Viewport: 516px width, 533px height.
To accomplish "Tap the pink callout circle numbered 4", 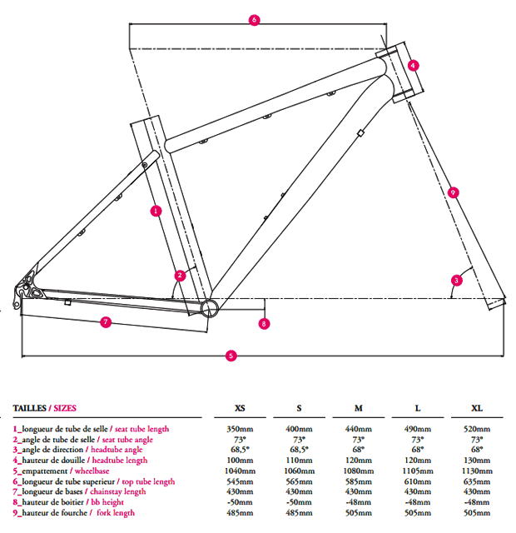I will click(x=414, y=65).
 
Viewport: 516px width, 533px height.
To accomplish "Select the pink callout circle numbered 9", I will click(x=453, y=192).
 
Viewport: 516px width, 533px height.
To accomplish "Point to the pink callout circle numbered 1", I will click(x=156, y=211).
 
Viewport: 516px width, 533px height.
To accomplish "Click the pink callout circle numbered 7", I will click(x=106, y=321).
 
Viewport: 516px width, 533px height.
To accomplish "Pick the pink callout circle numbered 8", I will click(x=264, y=324).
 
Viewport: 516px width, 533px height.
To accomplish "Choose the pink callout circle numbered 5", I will click(x=231, y=356).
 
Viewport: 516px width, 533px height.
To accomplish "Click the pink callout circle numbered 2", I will click(x=180, y=275).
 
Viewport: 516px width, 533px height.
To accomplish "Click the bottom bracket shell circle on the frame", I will click(x=208, y=307).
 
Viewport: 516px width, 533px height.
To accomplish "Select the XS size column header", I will click(x=240, y=408).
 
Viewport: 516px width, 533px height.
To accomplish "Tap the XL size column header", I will click(x=477, y=408).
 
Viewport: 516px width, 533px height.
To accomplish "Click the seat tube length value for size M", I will click(x=359, y=429).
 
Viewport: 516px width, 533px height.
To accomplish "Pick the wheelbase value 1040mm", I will click(x=240, y=471).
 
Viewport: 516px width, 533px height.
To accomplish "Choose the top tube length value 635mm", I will click(x=477, y=481).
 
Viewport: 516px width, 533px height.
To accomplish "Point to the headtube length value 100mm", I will click(x=240, y=461).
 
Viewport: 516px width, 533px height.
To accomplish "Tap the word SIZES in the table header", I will click(x=64, y=408).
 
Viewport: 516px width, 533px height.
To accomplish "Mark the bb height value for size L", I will click(x=418, y=502).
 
